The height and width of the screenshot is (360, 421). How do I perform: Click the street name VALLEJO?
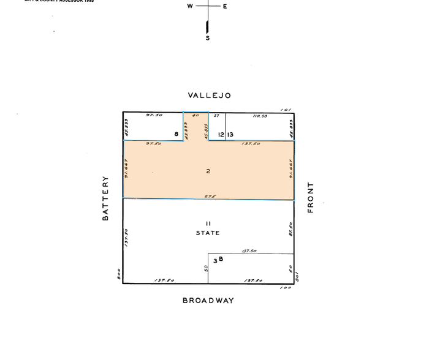point(209,96)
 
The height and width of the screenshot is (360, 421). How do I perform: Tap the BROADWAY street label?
point(208,301)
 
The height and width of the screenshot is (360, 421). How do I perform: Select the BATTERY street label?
point(105,198)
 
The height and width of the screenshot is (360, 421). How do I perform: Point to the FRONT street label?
point(310,197)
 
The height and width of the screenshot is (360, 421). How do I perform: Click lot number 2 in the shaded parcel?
point(208,171)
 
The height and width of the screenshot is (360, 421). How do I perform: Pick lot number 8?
point(176,134)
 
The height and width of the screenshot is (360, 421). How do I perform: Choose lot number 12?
point(221,134)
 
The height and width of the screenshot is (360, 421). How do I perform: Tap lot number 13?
point(230,134)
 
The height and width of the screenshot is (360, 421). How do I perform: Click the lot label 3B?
point(217,260)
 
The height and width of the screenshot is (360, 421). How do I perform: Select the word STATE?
point(208,233)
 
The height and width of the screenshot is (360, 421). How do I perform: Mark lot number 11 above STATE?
point(208,223)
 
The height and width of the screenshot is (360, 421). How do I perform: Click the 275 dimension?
point(208,197)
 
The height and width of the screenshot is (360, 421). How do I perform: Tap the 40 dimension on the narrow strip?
point(196,115)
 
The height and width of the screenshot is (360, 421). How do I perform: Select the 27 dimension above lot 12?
point(216,115)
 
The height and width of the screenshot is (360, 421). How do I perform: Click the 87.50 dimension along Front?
point(291,228)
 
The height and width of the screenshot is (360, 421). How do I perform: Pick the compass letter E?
point(225,7)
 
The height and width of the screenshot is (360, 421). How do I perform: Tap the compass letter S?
point(207,38)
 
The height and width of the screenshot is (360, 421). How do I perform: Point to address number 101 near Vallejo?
point(286,110)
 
